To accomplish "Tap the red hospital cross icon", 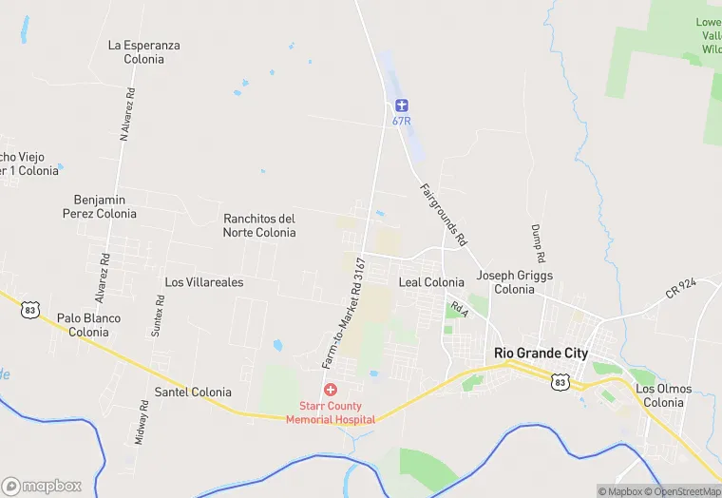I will click(331, 390).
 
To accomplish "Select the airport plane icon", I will click(401, 105).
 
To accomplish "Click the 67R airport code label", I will click(401, 121).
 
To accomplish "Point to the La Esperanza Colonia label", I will click(144, 51).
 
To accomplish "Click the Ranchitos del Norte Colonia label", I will click(259, 225).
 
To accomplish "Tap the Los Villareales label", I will click(204, 282).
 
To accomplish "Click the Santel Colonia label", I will click(193, 392).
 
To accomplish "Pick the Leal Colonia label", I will click(431, 282).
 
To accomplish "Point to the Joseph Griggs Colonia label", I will click(515, 282).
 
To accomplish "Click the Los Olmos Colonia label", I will click(664, 395).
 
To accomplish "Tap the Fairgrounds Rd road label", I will click(443, 215).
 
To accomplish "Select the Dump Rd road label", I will click(538, 244).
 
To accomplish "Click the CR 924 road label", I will click(681, 287).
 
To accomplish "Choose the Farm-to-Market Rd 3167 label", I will click(343, 312).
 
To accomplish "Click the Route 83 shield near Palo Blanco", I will click(32, 310).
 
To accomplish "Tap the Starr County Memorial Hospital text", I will click(331, 413).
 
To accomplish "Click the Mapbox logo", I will click(42, 486).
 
